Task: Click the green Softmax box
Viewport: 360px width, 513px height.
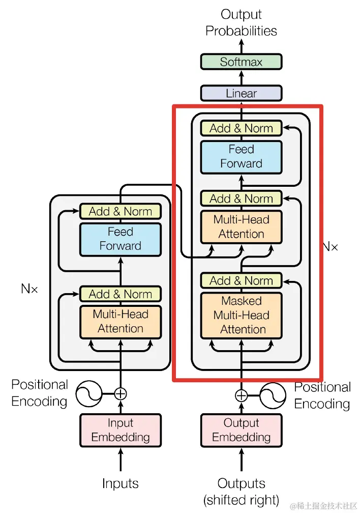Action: click(241, 62)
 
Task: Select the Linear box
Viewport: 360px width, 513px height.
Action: click(241, 94)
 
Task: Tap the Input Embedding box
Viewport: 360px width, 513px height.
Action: click(121, 430)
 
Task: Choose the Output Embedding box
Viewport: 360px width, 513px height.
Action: click(241, 430)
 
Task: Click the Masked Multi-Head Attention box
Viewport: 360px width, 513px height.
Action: click(241, 315)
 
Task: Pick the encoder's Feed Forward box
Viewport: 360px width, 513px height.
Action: click(121, 239)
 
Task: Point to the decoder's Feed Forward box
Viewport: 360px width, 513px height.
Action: click(241, 156)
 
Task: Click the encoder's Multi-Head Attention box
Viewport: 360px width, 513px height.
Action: click(121, 322)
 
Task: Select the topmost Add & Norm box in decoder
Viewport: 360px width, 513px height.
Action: click(241, 128)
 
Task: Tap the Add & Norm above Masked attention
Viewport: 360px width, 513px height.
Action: click(241, 280)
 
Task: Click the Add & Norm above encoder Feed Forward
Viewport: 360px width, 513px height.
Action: click(121, 211)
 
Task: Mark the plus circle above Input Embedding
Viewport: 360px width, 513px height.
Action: click(121, 393)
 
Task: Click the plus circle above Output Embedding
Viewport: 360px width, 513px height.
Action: click(241, 395)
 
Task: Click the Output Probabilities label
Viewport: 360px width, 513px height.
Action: click(241, 22)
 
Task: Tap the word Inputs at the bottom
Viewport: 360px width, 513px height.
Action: click(121, 483)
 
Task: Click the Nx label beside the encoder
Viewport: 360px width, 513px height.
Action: click(29, 289)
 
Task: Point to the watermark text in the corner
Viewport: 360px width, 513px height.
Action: click(323, 506)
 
